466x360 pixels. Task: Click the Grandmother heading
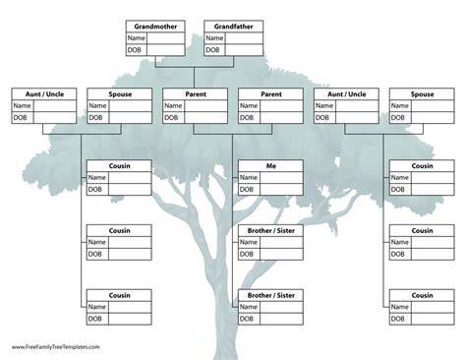click(155, 27)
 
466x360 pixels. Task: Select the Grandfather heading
click(234, 27)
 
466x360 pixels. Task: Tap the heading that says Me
click(271, 166)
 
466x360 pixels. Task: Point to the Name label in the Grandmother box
click(137, 38)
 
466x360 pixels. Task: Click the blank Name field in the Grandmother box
click(166, 38)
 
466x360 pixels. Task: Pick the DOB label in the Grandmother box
click(135, 50)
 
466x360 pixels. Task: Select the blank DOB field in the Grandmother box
click(166, 50)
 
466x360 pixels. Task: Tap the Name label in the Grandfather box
click(214, 38)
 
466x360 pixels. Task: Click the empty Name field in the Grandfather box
click(244, 38)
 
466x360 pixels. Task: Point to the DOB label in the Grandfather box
click(212, 50)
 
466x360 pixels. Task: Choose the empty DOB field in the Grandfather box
click(244, 50)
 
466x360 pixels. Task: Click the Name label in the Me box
click(249, 177)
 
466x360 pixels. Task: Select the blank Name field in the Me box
click(281, 177)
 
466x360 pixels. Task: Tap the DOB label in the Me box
click(247, 189)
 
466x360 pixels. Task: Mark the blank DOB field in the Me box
click(281, 189)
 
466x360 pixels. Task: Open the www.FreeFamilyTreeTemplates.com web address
click(56, 347)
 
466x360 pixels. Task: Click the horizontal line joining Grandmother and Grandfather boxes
click(195, 67)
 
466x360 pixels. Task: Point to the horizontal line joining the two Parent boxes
click(233, 134)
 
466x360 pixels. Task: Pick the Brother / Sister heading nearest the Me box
click(271, 231)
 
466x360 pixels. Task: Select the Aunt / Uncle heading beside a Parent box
click(347, 94)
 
